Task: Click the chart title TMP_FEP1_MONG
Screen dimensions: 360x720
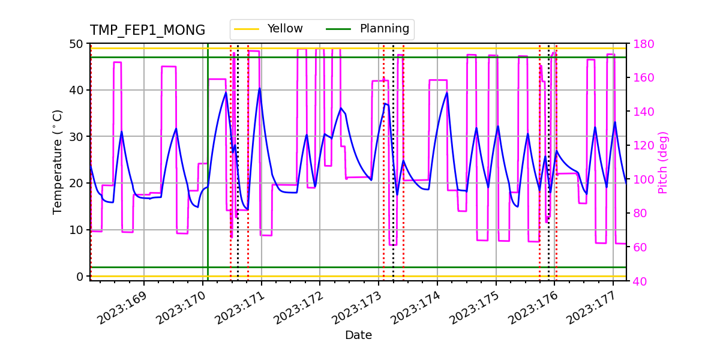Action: click(148, 31)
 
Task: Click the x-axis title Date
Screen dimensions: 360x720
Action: click(358, 335)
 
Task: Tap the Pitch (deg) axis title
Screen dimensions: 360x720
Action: click(663, 162)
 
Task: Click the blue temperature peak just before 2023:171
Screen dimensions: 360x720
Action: click(260, 89)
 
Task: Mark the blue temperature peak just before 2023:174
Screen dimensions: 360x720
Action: click(447, 92)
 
